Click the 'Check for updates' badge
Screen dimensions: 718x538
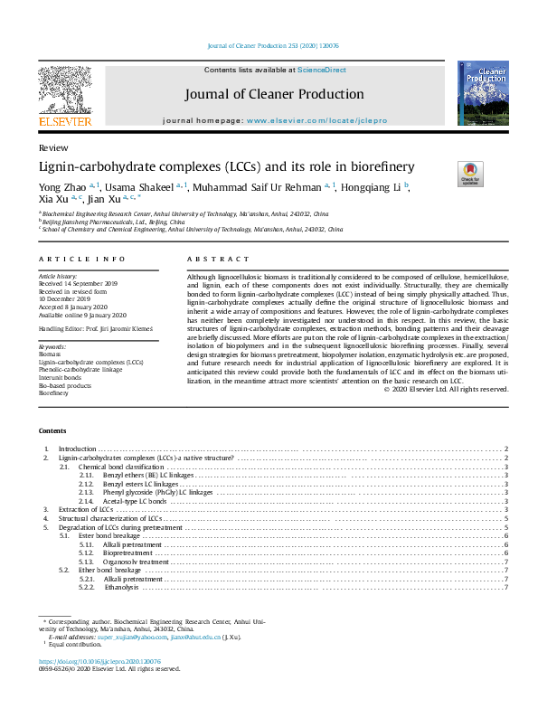(x=471, y=173)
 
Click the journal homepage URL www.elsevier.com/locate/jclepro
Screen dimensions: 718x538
(x=312, y=120)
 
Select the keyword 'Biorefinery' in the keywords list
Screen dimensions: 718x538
(x=53, y=393)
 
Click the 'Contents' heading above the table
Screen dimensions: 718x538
(x=53, y=431)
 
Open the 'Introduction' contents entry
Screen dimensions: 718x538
(x=77, y=449)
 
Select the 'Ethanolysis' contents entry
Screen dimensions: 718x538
(x=121, y=587)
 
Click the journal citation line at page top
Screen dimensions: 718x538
(x=273, y=44)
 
